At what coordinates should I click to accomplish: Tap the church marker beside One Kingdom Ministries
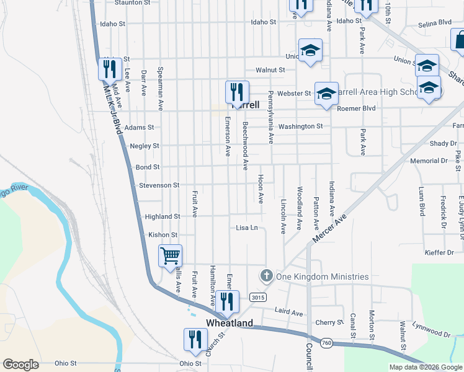[267, 276]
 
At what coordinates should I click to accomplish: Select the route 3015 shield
[258, 298]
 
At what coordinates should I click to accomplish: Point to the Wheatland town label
[230, 323]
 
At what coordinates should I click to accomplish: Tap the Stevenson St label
[158, 185]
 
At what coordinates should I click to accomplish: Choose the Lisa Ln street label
[247, 228]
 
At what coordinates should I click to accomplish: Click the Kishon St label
[163, 235]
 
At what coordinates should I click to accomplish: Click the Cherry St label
[329, 322]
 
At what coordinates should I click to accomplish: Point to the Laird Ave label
[288, 312]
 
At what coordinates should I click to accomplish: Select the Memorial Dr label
[429, 161]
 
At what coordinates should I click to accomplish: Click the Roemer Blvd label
[357, 108]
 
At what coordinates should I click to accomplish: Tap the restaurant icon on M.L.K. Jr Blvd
[109, 69]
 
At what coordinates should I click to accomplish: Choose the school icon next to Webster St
[326, 94]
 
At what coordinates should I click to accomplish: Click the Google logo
[20, 365]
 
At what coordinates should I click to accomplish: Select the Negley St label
[145, 146]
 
